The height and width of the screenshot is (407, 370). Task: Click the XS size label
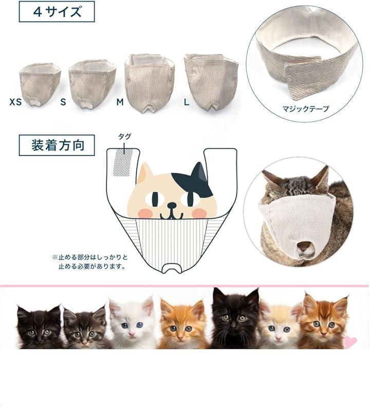click(15, 102)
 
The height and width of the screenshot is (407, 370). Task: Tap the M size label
click(120, 102)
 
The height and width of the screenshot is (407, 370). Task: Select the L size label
click(187, 102)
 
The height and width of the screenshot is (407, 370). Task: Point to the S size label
click(63, 102)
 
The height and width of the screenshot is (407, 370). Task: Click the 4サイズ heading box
click(57, 12)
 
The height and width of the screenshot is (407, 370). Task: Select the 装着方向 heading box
click(57, 145)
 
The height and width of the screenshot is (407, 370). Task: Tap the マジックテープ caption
click(306, 108)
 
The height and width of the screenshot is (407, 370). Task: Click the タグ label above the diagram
click(125, 137)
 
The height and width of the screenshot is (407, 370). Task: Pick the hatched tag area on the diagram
click(123, 163)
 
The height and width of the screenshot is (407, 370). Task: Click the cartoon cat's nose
click(171, 206)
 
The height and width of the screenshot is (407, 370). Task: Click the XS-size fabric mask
click(40, 84)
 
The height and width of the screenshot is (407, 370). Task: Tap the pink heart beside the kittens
click(350, 341)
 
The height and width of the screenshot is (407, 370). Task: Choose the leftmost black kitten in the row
click(39, 326)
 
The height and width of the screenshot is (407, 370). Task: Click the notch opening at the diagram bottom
click(172, 267)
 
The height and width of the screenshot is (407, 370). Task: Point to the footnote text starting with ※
click(90, 262)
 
